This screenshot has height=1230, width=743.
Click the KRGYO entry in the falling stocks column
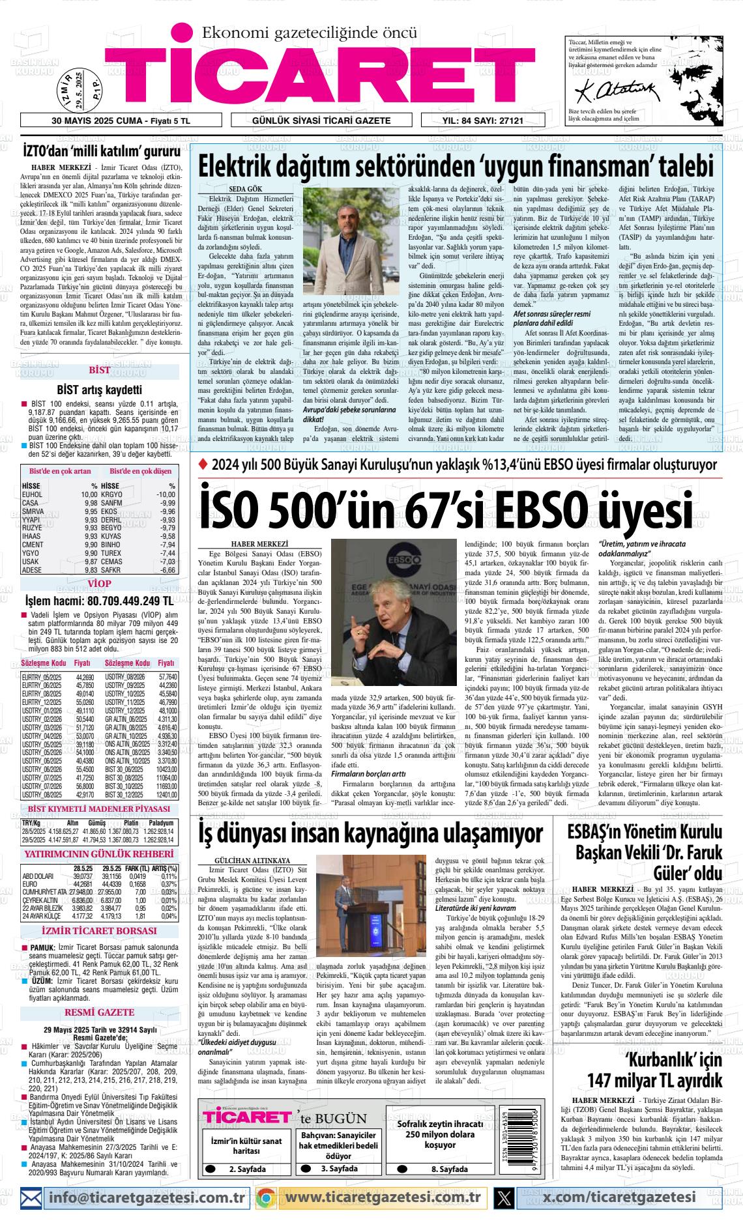(112, 495)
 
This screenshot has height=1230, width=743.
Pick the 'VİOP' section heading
(99, 584)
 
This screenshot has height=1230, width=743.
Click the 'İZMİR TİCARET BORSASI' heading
(99, 931)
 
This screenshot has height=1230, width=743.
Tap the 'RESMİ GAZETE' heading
(99, 1013)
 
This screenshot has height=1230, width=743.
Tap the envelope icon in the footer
(31, 1197)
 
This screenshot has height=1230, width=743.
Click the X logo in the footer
(504, 1197)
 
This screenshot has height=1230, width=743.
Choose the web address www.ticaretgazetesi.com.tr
(383, 1197)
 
